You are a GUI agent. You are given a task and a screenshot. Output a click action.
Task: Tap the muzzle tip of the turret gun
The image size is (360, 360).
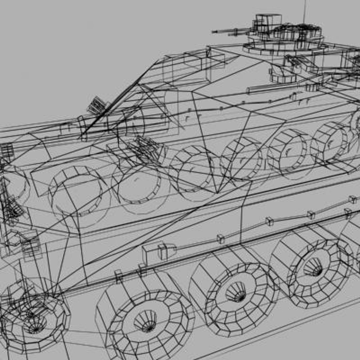pyautogui.click(x=213, y=32)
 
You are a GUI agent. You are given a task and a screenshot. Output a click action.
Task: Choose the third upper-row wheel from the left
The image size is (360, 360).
pyautogui.click(x=192, y=172)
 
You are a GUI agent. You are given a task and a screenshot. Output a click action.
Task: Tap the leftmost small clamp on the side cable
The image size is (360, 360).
pyautogui.click(x=220, y=239)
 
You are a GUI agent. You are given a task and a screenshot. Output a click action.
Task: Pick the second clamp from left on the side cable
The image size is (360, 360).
pyautogui.click(x=269, y=221)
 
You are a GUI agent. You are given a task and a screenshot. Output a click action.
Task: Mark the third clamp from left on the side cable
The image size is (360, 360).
pyautogui.click(x=311, y=215)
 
